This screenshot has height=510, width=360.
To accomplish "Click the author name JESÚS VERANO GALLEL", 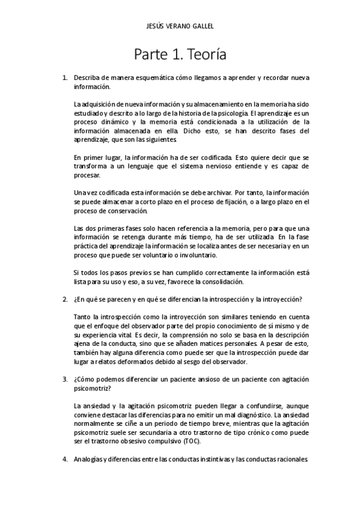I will tap(180, 26).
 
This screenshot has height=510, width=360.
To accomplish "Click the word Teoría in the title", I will tap(205, 56).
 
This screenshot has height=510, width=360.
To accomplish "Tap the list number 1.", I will tap(65, 78).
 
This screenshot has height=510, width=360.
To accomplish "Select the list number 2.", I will tap(65, 299).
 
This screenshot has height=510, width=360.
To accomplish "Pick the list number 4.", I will tap(65, 459).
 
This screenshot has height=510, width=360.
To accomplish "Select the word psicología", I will tap(228, 112).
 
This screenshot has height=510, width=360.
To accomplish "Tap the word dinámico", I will tap(114, 121).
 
